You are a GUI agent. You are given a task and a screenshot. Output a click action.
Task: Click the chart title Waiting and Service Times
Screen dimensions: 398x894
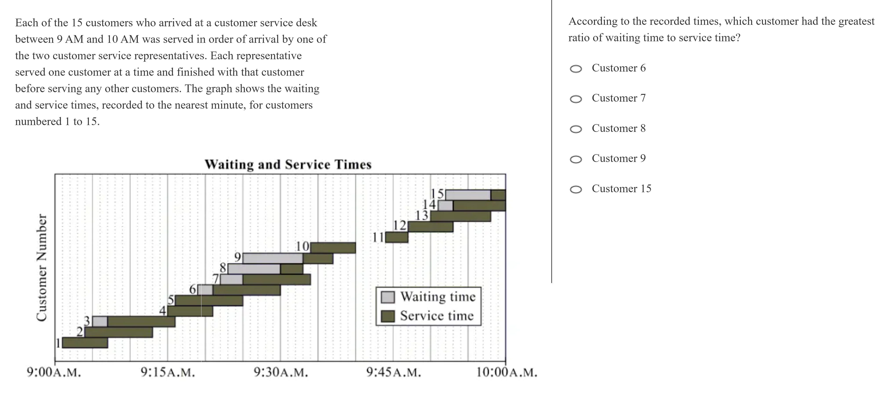[288, 164]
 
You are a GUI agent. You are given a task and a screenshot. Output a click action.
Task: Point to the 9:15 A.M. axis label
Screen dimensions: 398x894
[168, 373]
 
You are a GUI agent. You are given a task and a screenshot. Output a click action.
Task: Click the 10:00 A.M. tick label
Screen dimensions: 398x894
[506, 373]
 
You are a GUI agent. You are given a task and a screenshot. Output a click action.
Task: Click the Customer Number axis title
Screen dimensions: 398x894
[42, 268]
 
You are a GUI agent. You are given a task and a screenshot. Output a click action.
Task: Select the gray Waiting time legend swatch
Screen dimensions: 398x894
[388, 297]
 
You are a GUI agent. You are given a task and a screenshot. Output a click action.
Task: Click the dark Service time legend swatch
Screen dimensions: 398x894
[388, 316]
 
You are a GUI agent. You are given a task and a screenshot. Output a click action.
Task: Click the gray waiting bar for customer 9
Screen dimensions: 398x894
[273, 258]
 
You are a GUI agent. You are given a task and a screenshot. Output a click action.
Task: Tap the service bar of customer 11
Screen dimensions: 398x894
[397, 237]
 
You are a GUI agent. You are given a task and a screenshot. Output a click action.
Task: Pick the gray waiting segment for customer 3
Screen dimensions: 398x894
[100, 322]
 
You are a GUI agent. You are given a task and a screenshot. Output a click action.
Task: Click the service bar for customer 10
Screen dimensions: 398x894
[333, 248]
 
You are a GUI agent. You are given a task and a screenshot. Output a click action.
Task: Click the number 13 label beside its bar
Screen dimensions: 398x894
[422, 216]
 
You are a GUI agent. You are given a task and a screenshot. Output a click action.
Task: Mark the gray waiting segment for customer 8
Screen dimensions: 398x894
[254, 269]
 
